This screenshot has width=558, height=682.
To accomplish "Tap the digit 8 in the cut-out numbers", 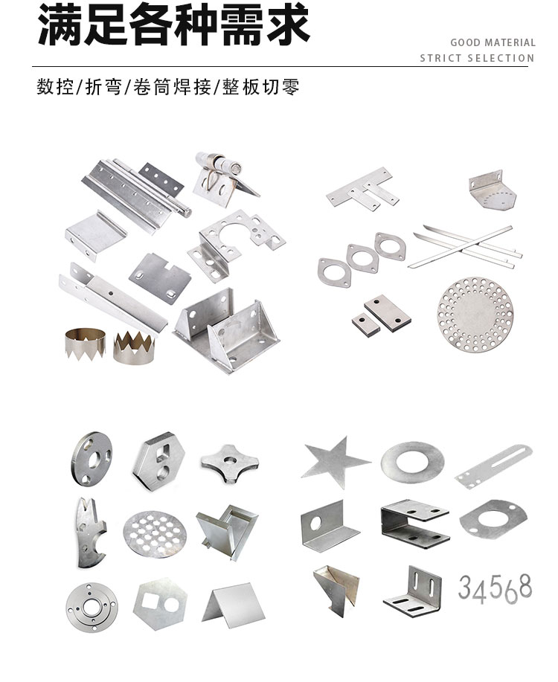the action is pyautogui.click(x=525, y=585).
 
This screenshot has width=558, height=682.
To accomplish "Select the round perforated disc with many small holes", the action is pyautogui.click(x=475, y=314).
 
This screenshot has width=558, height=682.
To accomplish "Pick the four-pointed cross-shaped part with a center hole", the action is pyautogui.click(x=229, y=463).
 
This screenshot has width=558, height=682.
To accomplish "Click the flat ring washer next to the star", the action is pyautogui.click(x=413, y=463).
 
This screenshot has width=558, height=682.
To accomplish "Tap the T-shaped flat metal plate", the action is pyautogui.click(x=362, y=189).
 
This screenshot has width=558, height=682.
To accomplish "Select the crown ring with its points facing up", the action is pyautogui.click(x=134, y=347).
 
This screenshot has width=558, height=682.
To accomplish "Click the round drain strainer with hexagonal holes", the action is pyautogui.click(x=155, y=534).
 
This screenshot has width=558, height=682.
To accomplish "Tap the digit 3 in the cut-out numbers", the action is pyautogui.click(x=465, y=587).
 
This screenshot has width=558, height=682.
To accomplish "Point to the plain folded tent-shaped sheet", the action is pyautogui.click(x=234, y=605).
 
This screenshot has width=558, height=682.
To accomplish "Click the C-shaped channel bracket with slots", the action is pyautogui.click(x=415, y=524).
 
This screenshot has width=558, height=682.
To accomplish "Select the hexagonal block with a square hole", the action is pyautogui.click(x=158, y=460).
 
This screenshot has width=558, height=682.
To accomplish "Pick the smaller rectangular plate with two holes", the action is pyautogui.click(x=365, y=324).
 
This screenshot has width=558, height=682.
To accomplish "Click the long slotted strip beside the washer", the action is pyautogui.click(x=493, y=466).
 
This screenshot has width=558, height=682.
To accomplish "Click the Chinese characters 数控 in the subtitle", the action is pyautogui.click(x=55, y=87).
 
